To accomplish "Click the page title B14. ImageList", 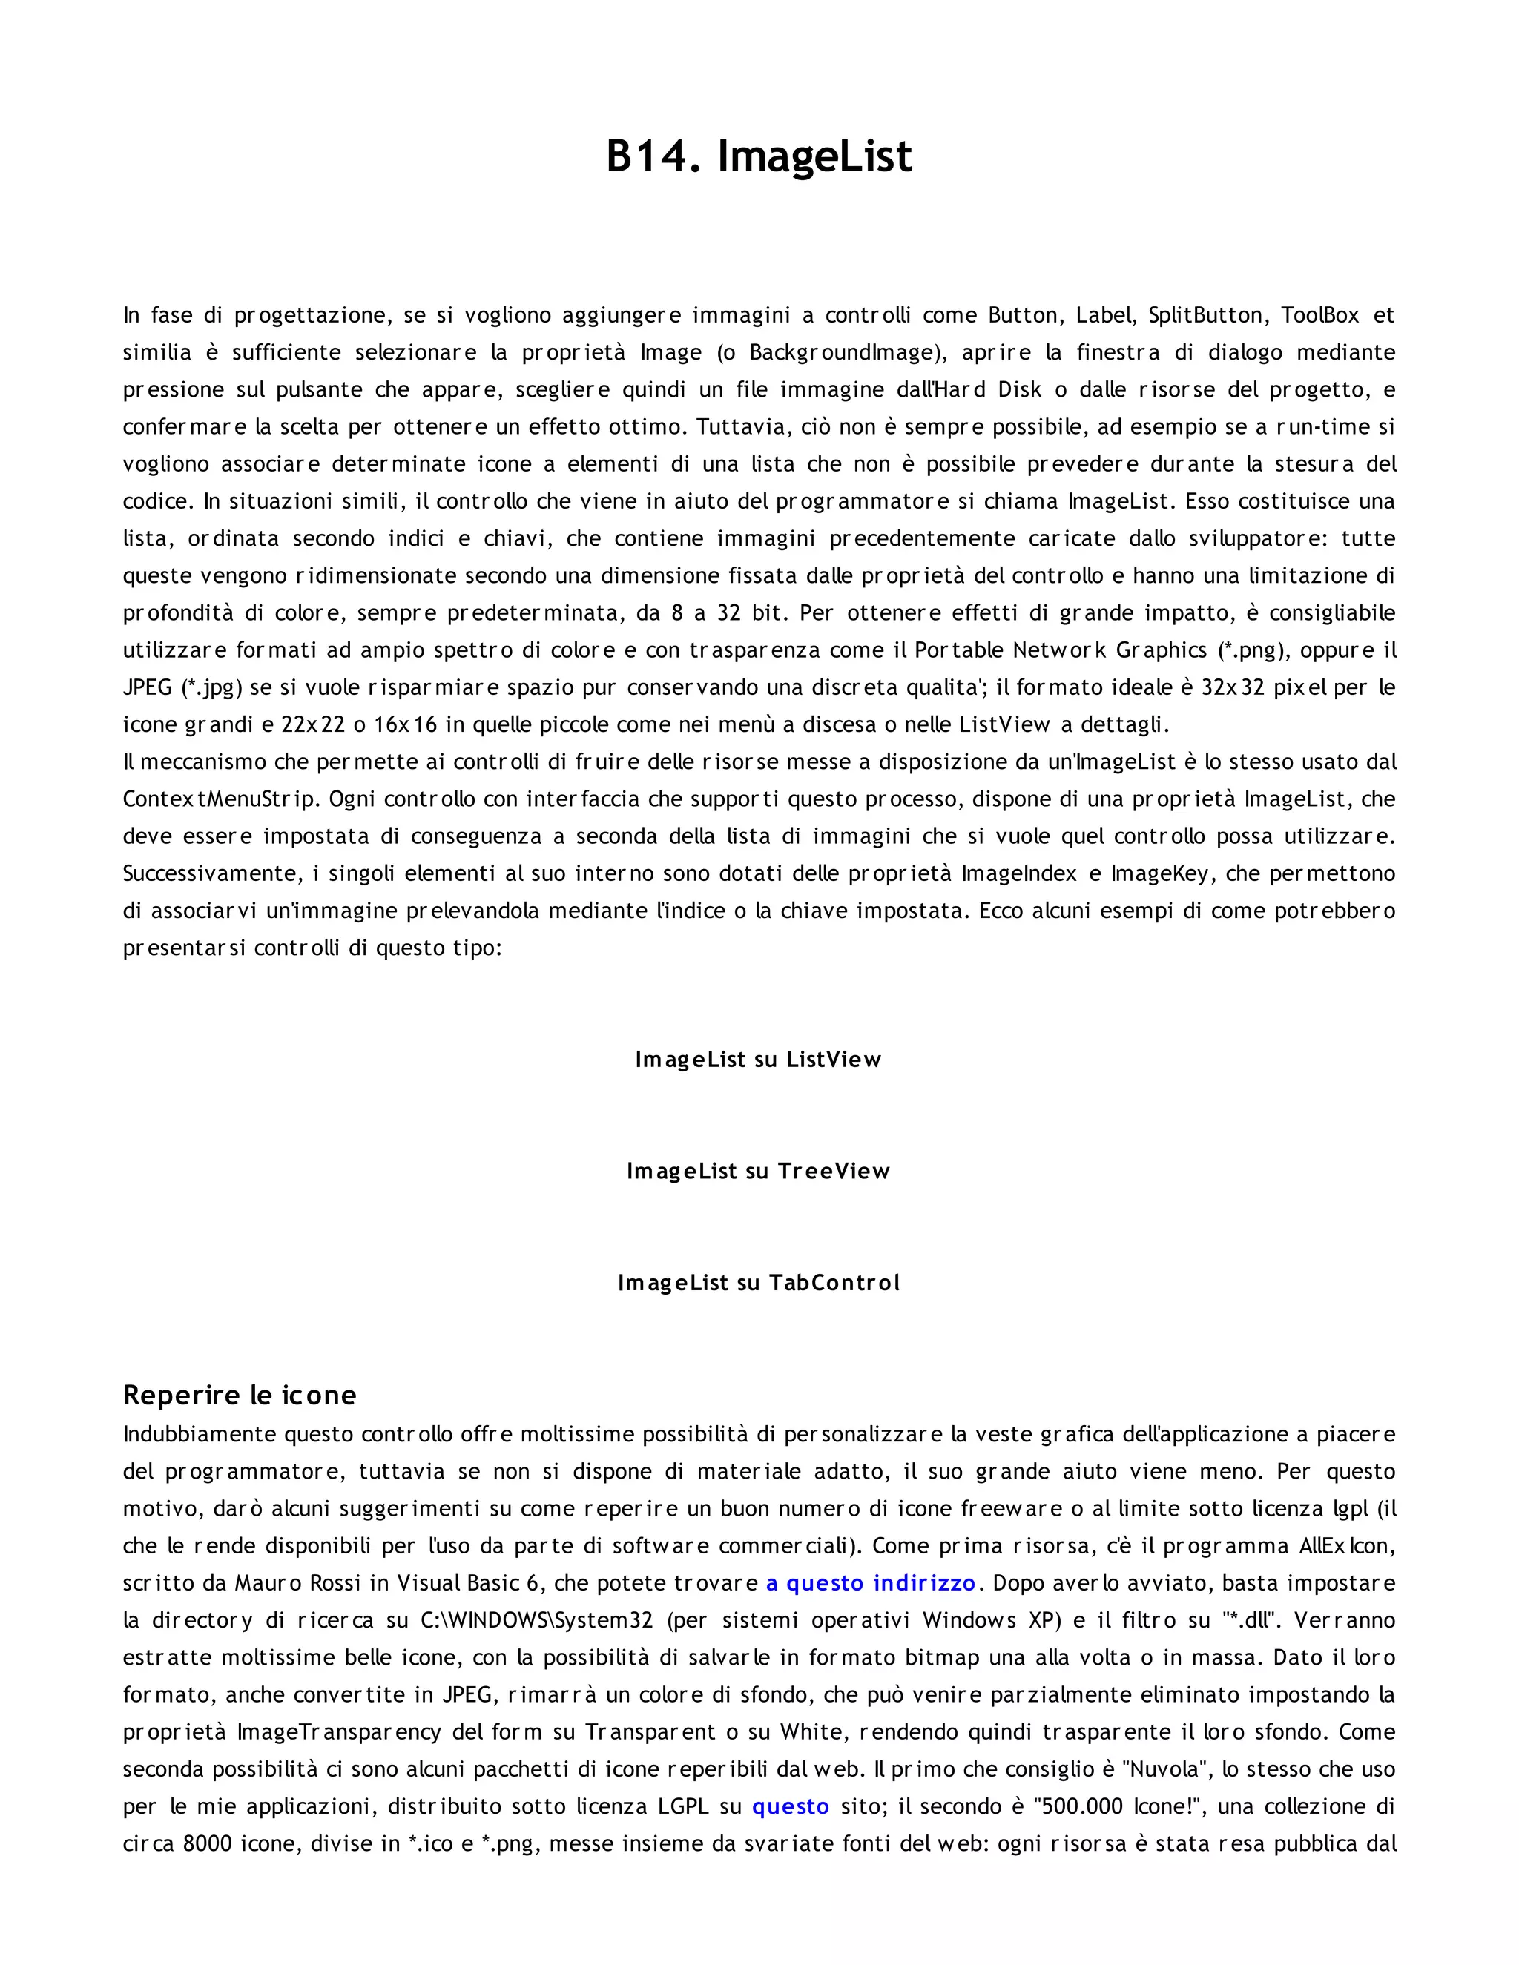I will pyautogui.click(x=759, y=156).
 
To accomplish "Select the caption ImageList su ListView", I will pyautogui.click(x=758, y=1060).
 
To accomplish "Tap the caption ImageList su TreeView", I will pyautogui.click(x=758, y=1172).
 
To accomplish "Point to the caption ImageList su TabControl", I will pyautogui.click(x=758, y=1283).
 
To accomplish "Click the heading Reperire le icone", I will pyautogui.click(x=240, y=1396).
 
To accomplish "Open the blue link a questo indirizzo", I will pyautogui.click(x=870, y=1584).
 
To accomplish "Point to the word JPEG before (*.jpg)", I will pyautogui.click(x=148, y=688).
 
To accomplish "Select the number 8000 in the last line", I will pyautogui.click(x=208, y=1844).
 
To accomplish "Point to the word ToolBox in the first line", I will pyautogui.click(x=1320, y=316).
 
